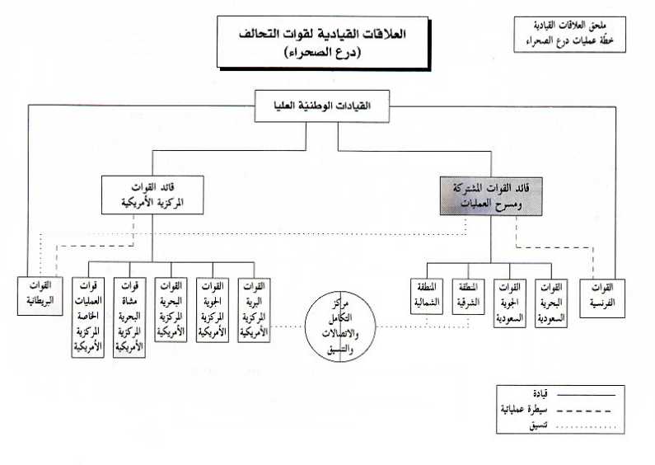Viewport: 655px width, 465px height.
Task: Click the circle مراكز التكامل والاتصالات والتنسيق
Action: (338, 325)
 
